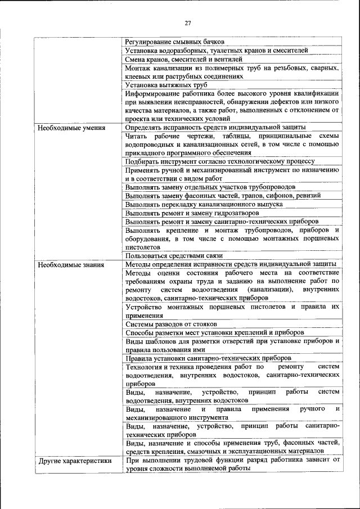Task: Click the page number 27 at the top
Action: point(188,22)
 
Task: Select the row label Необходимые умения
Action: point(71,128)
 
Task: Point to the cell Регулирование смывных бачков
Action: point(175,42)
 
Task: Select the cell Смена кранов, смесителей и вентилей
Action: point(184,58)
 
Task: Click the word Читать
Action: point(136,136)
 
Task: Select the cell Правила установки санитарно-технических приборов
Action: point(208,358)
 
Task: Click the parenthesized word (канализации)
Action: point(268,289)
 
